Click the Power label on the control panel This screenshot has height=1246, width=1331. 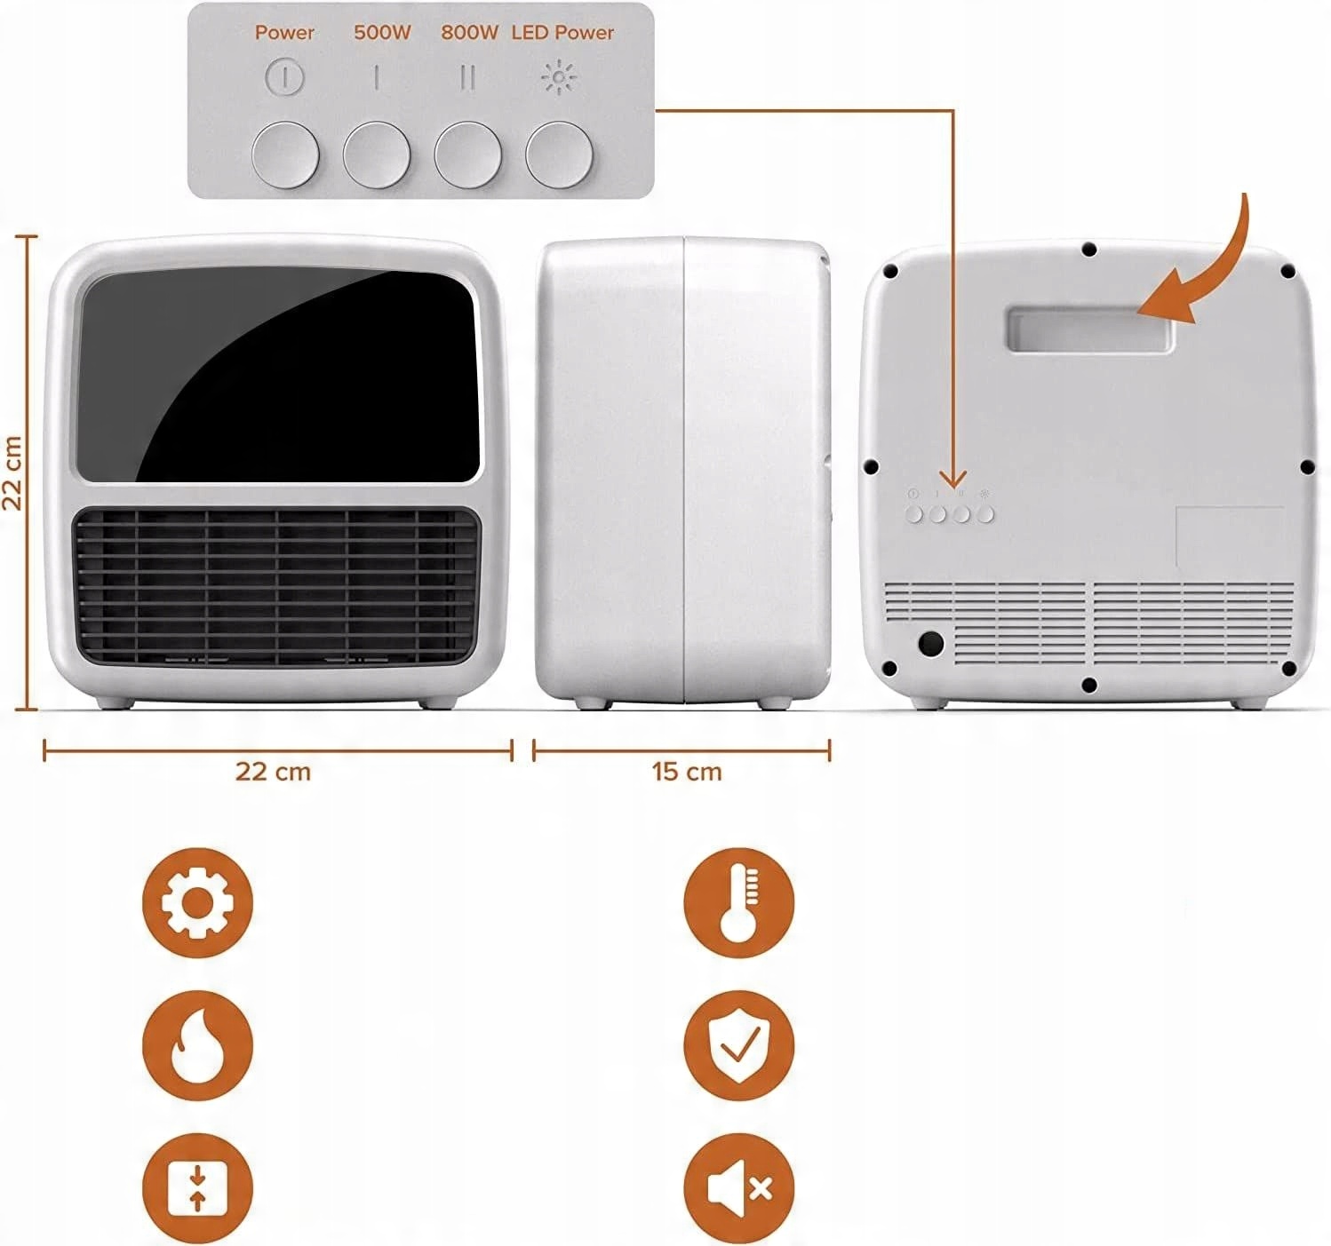[x=284, y=33]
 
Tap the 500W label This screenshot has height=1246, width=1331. [x=382, y=33]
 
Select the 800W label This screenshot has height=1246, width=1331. [x=470, y=33]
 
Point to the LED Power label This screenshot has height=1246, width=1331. [x=562, y=33]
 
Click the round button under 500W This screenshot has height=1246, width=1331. [x=377, y=155]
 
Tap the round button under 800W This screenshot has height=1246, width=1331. [x=467, y=155]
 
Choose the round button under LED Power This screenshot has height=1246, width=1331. [x=559, y=155]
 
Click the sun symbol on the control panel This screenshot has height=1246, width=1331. [x=559, y=78]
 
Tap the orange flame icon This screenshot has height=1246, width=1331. [x=197, y=1044]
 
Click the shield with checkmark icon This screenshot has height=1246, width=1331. [x=738, y=1044]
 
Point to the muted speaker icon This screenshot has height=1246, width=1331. [x=738, y=1187]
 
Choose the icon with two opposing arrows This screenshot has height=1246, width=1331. [x=197, y=1187]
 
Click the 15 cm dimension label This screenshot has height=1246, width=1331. [x=687, y=771]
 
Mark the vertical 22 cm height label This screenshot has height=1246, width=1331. [x=12, y=472]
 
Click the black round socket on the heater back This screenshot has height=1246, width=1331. [x=930, y=643]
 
